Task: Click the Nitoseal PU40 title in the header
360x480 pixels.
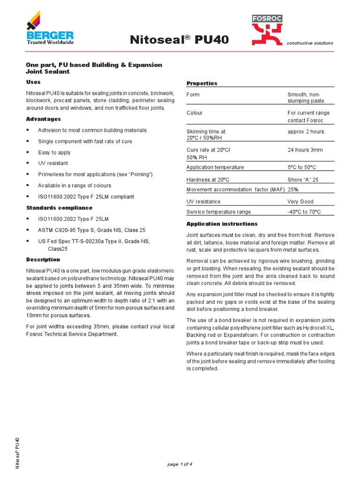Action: pyautogui.click(x=180, y=40)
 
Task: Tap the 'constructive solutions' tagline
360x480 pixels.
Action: pyautogui.click(x=310, y=43)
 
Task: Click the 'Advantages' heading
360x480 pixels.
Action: pyautogui.click(x=44, y=119)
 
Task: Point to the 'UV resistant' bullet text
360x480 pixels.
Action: pyautogui.click(x=53, y=163)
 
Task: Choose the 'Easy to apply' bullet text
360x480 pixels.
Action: pyautogui.click(x=54, y=152)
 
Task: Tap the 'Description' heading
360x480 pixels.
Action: pyautogui.click(x=43, y=259)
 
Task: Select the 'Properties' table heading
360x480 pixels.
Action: pyautogui.click(x=202, y=83)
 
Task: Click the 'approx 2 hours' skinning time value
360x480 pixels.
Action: pyautogui.click(x=306, y=132)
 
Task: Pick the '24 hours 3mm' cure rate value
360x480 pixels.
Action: pyautogui.click(x=305, y=150)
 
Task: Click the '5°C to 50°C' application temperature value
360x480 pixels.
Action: pyautogui.click(x=302, y=167)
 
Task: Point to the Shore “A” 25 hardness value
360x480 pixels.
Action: pyautogui.click(x=303, y=180)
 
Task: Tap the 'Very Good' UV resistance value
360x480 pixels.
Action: pyautogui.click(x=300, y=202)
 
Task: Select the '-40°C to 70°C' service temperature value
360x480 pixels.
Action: pyautogui.click(x=304, y=212)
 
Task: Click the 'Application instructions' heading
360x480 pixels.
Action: pyautogui.click(x=222, y=224)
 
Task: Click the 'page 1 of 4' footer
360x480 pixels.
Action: pyautogui.click(x=180, y=464)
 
